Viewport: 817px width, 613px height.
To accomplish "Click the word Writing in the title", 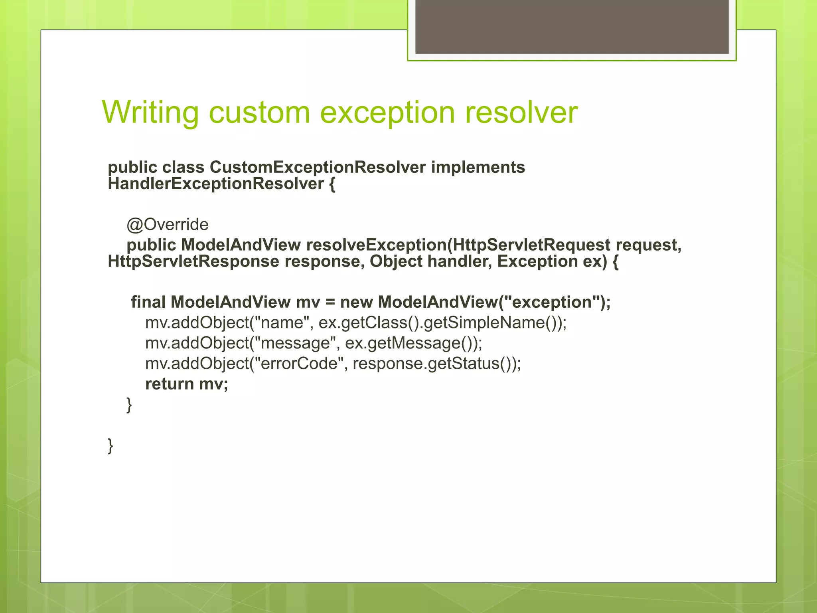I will click(x=150, y=113).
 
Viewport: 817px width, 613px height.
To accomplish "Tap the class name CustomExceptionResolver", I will click(x=318, y=167).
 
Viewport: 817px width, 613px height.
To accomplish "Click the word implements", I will click(x=478, y=167).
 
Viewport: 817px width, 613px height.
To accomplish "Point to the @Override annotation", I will click(x=168, y=225).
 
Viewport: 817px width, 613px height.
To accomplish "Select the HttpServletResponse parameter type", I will click(x=193, y=262).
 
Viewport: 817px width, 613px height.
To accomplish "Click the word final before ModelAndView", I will click(x=148, y=302).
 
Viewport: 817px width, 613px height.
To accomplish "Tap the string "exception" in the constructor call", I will click(x=553, y=302).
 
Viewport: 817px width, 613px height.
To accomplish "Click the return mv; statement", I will click(x=187, y=384).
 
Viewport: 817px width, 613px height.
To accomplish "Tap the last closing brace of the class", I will click(x=111, y=446).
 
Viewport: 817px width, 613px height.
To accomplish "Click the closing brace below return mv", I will click(x=129, y=405).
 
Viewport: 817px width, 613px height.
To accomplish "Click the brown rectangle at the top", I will click(x=572, y=27).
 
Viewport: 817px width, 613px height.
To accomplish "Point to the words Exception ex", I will click(x=552, y=262).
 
